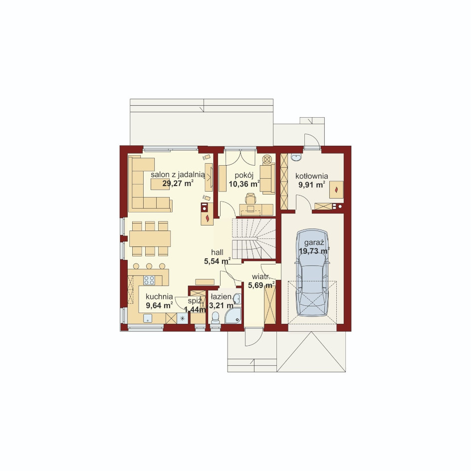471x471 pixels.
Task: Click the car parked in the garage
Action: click(x=312, y=272)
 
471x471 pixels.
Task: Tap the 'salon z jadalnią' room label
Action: click(x=178, y=175)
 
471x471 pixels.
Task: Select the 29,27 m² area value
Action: click(x=178, y=183)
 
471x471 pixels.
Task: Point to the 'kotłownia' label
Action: click(x=311, y=176)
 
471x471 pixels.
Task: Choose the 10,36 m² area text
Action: click(x=244, y=184)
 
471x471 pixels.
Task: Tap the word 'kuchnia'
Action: click(x=159, y=297)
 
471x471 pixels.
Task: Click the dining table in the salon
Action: click(x=150, y=238)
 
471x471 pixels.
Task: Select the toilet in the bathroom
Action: click(x=216, y=318)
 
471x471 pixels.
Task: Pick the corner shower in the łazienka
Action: click(x=233, y=315)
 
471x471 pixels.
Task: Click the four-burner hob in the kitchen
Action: click(x=149, y=280)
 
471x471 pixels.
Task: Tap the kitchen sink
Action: click(x=148, y=318)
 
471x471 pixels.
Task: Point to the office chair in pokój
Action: click(x=250, y=199)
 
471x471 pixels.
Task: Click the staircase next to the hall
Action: click(x=254, y=238)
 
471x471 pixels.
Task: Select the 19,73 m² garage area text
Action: click(x=314, y=251)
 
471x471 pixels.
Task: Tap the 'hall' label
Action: click(x=217, y=252)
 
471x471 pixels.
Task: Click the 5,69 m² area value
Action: click(x=261, y=285)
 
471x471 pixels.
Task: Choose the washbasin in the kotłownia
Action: click(x=296, y=157)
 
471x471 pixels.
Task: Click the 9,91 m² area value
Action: click(x=311, y=185)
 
